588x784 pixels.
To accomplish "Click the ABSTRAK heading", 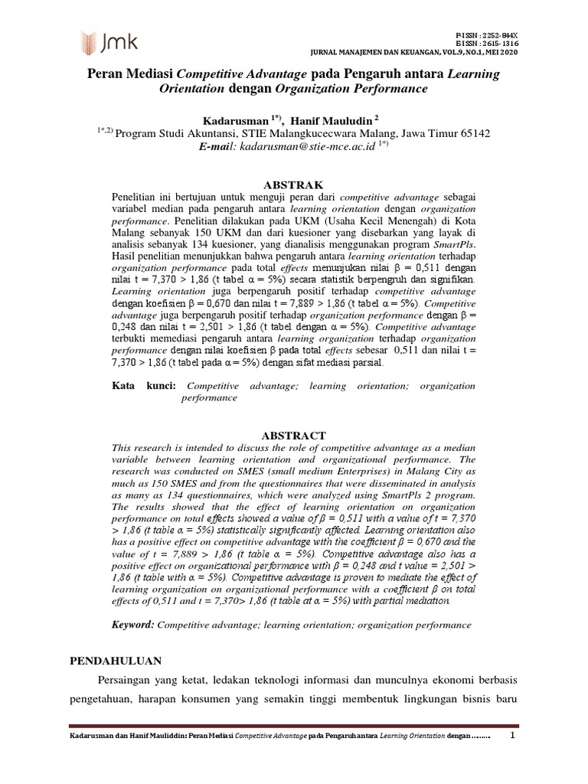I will pos(293,185).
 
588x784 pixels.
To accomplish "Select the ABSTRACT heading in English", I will pos(293,435).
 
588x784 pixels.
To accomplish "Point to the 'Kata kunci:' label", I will pos(145,387).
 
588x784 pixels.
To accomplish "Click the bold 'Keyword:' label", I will pos(133,625).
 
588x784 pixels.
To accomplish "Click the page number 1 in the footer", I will pos(513,736).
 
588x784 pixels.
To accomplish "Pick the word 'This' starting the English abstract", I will pos(122,446).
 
